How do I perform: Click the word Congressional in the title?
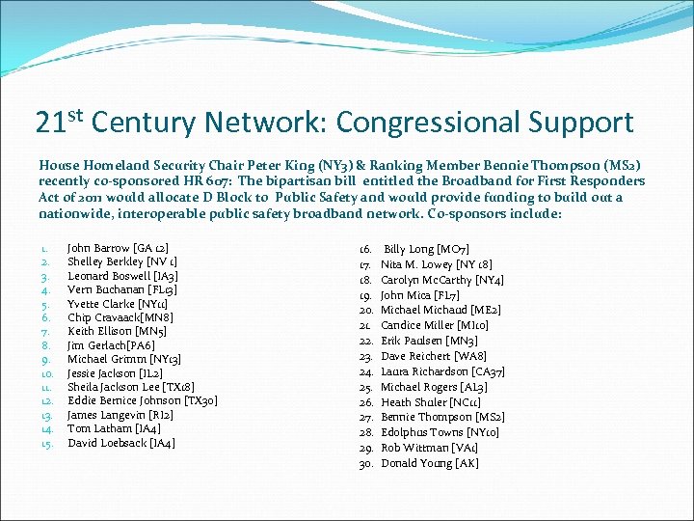pyautogui.click(x=427, y=123)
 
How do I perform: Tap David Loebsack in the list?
pyautogui.click(x=120, y=444)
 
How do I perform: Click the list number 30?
pyautogui.click(x=366, y=464)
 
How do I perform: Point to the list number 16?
pyautogui.click(x=366, y=248)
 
